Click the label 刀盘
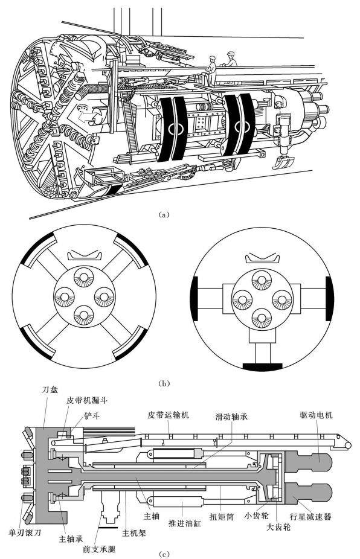(x=50, y=389)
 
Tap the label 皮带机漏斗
(x=87, y=400)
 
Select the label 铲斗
(x=92, y=415)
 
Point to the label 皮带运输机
(x=168, y=415)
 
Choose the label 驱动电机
(x=316, y=415)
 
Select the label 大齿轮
(x=278, y=527)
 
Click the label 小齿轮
(x=256, y=516)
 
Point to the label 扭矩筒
(x=221, y=517)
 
